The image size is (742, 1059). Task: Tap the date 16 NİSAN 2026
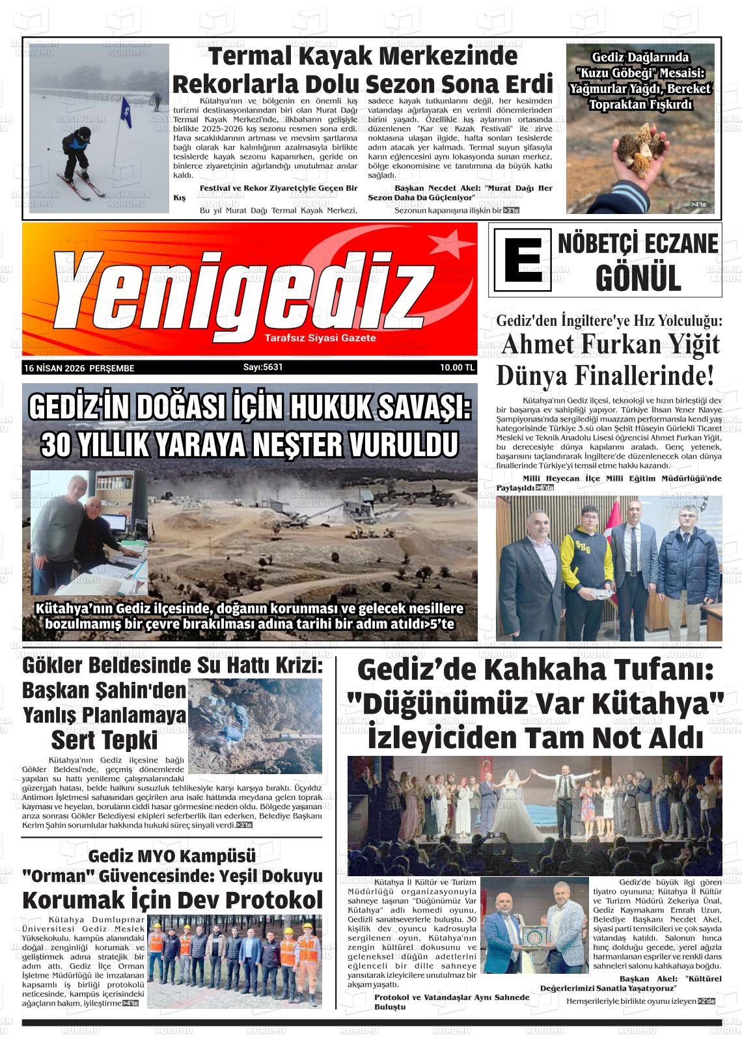55,368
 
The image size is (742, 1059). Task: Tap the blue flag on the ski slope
124,109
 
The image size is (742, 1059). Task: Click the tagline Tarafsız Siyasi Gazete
320,338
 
